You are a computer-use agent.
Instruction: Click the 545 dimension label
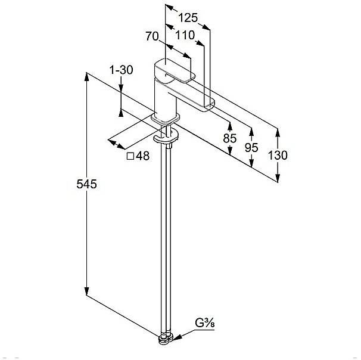86,184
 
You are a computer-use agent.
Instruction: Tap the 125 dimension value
188,18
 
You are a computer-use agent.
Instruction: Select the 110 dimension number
185,35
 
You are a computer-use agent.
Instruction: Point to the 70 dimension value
152,36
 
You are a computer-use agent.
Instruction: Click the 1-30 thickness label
122,70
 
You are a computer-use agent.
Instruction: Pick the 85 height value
229,138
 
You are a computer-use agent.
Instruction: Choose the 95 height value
251,147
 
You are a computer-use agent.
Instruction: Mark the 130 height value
278,155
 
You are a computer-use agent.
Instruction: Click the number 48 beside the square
142,156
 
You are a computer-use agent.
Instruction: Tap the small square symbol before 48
130,156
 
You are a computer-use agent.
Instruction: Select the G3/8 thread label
205,323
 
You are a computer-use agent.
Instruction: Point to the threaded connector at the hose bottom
166,339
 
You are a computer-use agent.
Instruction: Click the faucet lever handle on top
175,71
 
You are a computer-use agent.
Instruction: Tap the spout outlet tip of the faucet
210,105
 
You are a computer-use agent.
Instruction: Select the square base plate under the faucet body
165,119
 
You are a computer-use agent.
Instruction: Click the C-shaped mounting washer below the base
166,136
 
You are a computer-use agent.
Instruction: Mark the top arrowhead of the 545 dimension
86,77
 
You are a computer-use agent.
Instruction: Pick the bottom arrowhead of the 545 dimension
86,291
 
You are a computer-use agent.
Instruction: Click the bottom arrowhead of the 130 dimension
278,178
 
